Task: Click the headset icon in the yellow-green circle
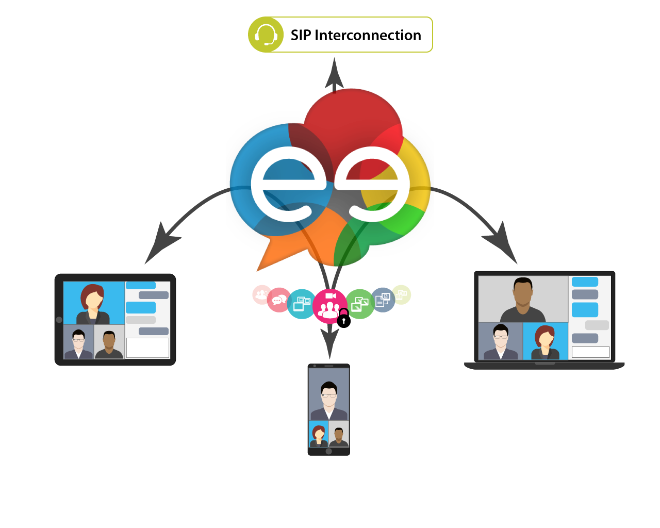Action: (x=266, y=35)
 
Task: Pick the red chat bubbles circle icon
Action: (x=279, y=300)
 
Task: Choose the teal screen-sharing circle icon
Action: (x=302, y=304)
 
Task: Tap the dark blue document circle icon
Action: (x=383, y=300)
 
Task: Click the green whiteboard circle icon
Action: (x=360, y=304)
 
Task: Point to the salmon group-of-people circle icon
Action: (x=261, y=294)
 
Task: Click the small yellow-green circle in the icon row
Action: (x=401, y=295)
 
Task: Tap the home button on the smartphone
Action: (x=329, y=451)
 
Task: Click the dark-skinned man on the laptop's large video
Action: (x=523, y=300)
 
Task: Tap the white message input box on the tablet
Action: (x=147, y=348)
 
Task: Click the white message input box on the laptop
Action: (x=590, y=352)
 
